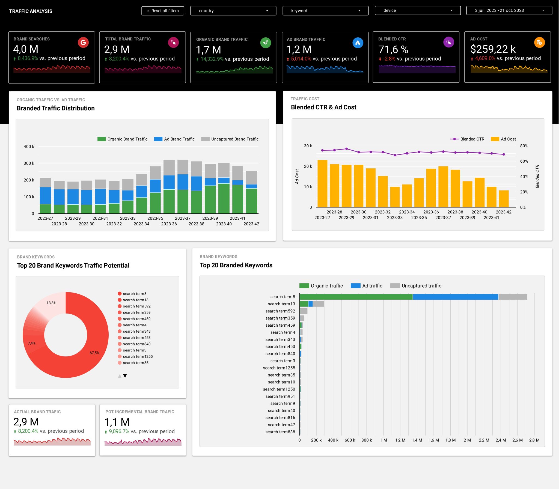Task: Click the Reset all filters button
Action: (x=163, y=11)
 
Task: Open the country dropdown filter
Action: (x=233, y=11)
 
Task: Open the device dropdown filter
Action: (x=417, y=11)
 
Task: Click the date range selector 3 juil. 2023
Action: (x=509, y=11)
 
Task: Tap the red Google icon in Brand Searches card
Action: (x=83, y=43)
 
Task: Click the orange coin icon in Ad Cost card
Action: (x=539, y=43)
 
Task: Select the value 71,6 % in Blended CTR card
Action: (x=393, y=50)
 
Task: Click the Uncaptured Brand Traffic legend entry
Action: (x=230, y=139)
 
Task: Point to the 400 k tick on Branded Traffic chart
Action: (x=29, y=147)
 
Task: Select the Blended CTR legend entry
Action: (x=467, y=139)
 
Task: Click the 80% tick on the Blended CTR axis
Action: (x=524, y=146)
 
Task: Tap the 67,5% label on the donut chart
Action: (x=94, y=353)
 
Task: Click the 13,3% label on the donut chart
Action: (x=51, y=303)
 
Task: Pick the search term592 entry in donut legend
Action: (x=136, y=306)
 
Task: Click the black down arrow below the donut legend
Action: (x=125, y=376)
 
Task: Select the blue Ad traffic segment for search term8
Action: (x=455, y=297)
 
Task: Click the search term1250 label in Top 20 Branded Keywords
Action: (x=279, y=389)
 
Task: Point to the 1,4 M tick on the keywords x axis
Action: (x=417, y=440)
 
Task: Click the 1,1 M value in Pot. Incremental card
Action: (x=117, y=422)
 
